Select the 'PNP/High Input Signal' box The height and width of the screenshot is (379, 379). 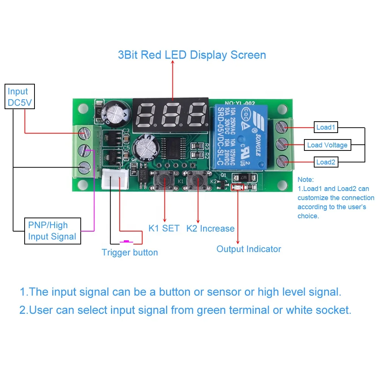52,231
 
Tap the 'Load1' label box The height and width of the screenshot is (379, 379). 326,127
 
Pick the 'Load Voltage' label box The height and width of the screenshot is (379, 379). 327,145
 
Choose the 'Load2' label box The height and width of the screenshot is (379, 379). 326,162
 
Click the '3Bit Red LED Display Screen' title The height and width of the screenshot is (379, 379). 192,55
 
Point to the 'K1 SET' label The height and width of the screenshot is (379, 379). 164,229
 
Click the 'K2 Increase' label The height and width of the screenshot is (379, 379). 210,229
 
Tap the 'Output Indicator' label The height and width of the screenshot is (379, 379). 249,249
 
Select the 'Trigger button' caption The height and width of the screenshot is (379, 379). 130,252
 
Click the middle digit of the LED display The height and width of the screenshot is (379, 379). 170,113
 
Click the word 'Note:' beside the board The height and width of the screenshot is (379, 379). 305,180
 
